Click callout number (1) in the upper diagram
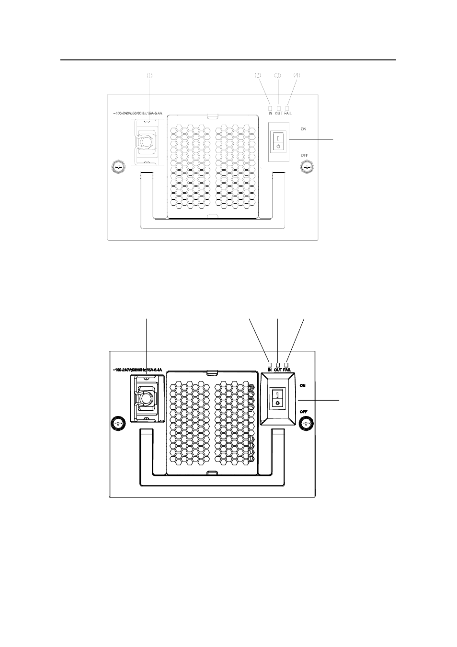(149, 75)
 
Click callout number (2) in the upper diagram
(258, 75)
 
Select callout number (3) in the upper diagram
(277, 75)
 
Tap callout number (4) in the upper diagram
(297, 75)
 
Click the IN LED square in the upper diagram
(271, 108)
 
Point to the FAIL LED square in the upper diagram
(287, 108)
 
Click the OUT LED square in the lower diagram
(278, 365)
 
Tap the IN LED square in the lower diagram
(270, 365)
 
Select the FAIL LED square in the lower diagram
(287, 365)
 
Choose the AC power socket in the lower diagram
(147, 398)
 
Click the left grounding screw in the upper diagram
(118, 167)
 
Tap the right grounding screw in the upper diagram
(306, 167)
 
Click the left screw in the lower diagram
(118, 424)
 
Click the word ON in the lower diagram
(303, 385)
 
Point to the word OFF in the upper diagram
(304, 155)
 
